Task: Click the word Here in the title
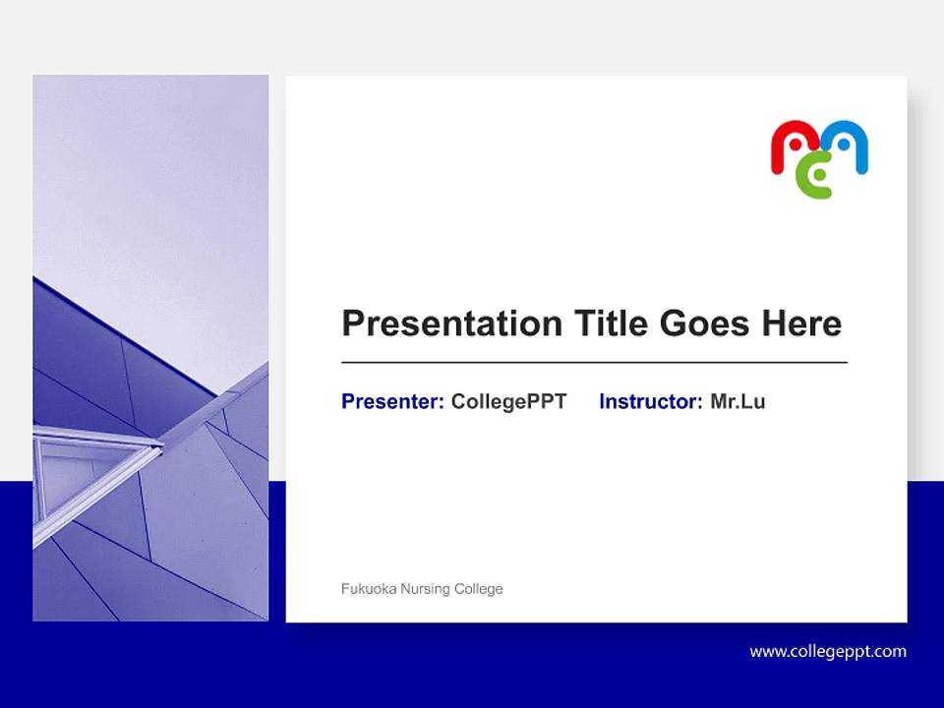[801, 324]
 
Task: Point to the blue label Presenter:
[392, 401]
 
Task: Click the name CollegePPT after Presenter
[508, 401]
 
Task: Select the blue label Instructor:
[650, 401]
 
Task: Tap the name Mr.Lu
[737, 401]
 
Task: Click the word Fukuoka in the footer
[368, 589]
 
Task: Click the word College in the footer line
[479, 589]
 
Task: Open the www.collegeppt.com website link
[828, 651]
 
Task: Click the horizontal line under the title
[594, 363]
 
